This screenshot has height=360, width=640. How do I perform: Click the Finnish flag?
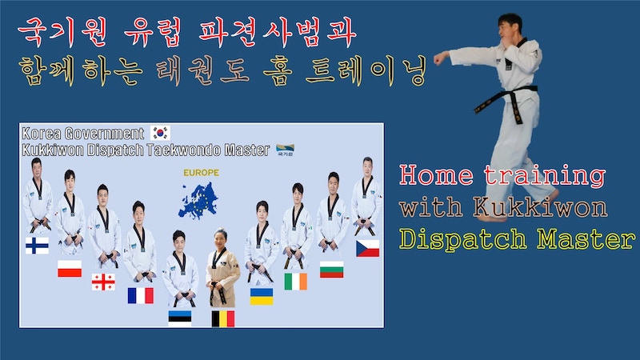[37, 246]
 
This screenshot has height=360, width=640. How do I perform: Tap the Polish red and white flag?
[70, 269]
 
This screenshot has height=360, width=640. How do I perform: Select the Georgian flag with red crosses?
[103, 282]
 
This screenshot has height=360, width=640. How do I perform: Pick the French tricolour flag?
[141, 295]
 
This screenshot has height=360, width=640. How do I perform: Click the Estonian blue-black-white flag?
[180, 318]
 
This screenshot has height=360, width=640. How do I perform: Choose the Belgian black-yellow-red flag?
[223, 318]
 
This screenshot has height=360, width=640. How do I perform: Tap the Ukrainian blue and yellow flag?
[262, 296]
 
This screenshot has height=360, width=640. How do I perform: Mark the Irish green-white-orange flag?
[295, 282]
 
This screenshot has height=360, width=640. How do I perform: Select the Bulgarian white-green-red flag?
[331, 270]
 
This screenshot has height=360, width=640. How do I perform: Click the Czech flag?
[368, 249]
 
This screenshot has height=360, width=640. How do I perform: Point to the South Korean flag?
[160, 133]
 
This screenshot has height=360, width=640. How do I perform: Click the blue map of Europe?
[198, 201]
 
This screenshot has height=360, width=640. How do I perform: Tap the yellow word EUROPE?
[201, 173]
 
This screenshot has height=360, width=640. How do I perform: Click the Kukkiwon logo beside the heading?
[285, 150]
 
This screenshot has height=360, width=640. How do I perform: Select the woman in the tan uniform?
[222, 268]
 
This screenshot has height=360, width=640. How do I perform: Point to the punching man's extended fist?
[438, 58]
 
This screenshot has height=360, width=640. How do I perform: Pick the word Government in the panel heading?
[104, 134]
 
